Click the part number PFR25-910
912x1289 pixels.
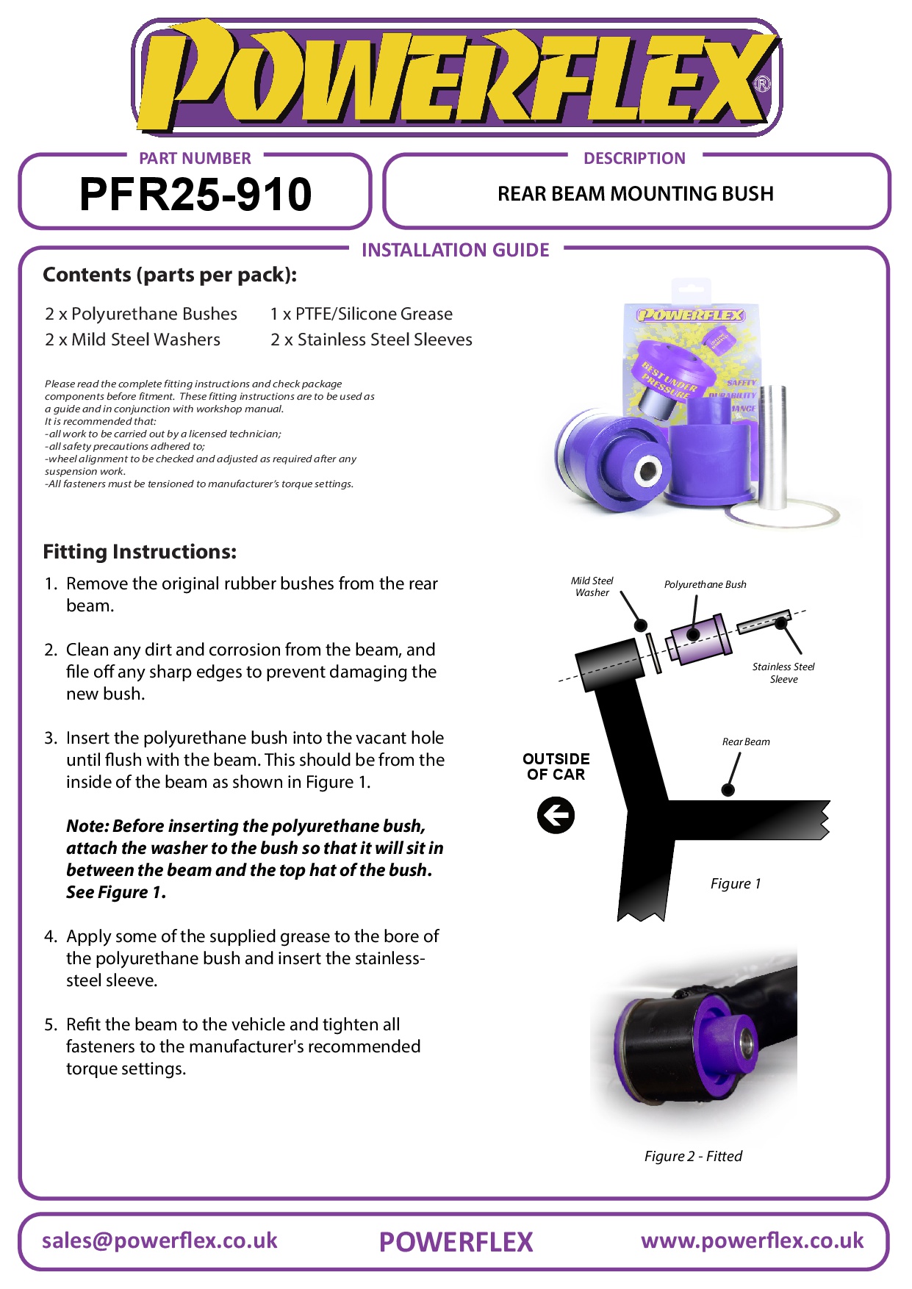[195, 194]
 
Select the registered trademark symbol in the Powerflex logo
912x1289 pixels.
[763, 85]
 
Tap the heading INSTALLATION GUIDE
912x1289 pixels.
[455, 250]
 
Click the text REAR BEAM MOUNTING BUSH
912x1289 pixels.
[635, 194]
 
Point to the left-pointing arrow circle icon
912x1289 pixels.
[556, 816]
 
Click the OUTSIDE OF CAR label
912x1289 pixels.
[556, 766]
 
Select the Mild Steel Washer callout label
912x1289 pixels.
[592, 586]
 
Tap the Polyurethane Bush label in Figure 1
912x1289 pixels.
[705, 584]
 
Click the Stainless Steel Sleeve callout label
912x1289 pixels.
[783, 672]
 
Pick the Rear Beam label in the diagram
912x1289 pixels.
[746, 742]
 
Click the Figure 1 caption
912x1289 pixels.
[736, 883]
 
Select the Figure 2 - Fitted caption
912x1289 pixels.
[693, 1156]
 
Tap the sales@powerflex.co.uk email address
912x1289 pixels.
[159, 1240]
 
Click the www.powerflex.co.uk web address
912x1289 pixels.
[752, 1240]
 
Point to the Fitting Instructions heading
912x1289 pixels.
[140, 551]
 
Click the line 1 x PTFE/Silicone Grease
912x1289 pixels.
[361, 314]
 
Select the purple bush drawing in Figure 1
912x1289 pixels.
[698, 638]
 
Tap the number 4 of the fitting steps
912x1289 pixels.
[50, 936]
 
